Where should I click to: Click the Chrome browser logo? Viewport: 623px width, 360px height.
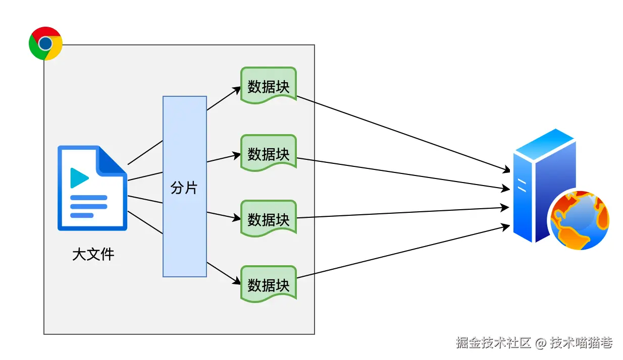[x=45, y=43]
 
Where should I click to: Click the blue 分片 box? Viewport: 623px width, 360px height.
[x=184, y=187]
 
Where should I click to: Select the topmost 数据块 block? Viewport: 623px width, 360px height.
[x=269, y=86]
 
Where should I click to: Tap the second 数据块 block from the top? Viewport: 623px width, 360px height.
[x=269, y=153]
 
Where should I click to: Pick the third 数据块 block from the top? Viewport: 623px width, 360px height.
[x=269, y=219]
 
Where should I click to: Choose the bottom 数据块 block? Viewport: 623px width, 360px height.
[x=269, y=284]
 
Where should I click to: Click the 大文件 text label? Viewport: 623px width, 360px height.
[x=93, y=254]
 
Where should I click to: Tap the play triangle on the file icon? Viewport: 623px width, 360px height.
[x=79, y=177]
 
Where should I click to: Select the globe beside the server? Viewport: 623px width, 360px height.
[x=580, y=220]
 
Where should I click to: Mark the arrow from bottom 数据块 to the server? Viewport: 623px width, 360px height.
[x=404, y=252]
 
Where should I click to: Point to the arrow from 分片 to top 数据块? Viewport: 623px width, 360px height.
[x=224, y=99]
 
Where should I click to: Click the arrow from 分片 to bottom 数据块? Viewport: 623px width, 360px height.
[x=224, y=273]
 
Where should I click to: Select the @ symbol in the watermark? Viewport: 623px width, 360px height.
[x=540, y=343]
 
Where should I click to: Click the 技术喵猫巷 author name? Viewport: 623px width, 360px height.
[x=581, y=343]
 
